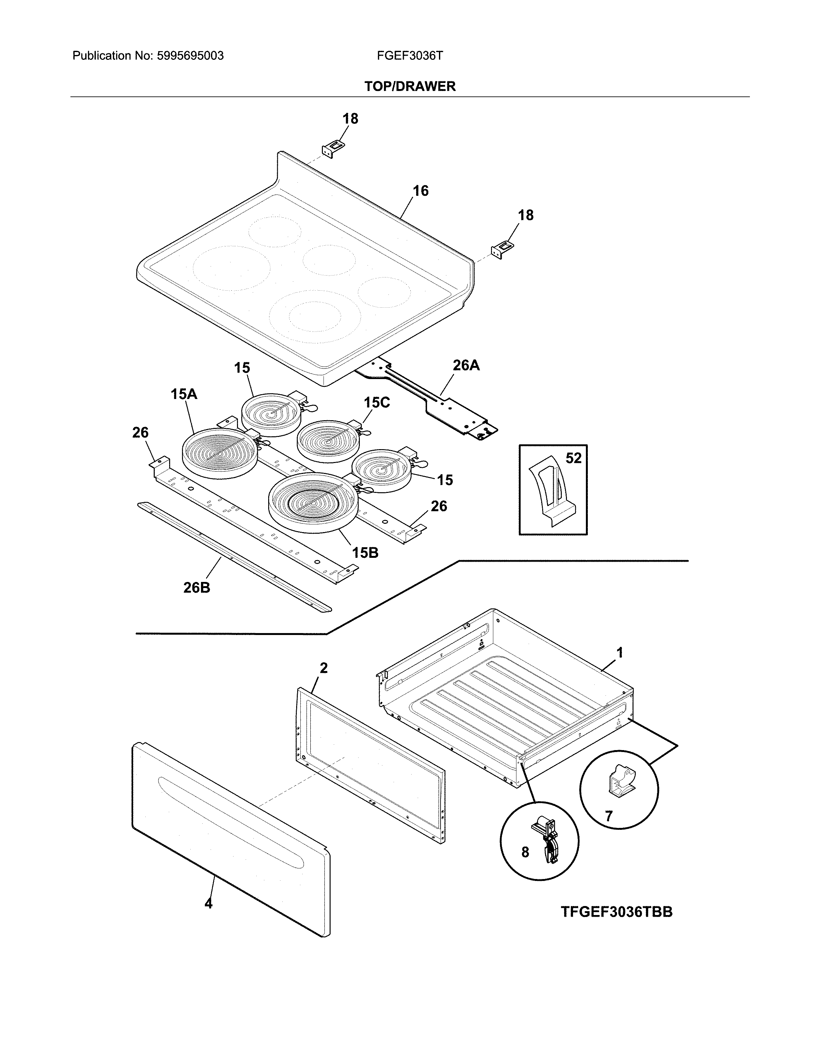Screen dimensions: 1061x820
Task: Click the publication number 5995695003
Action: click(x=190, y=56)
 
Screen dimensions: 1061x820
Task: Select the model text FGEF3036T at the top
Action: click(x=409, y=56)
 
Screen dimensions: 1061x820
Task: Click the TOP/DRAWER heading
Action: click(x=409, y=86)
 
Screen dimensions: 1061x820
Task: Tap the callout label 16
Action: click(x=420, y=191)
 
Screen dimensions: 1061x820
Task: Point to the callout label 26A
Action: click(x=466, y=365)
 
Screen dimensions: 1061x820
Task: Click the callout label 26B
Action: click(x=197, y=588)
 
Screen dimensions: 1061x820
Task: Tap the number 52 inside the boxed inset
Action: click(x=573, y=458)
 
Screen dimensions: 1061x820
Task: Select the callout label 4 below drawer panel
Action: click(x=208, y=903)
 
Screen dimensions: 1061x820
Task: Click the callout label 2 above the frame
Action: click(x=323, y=668)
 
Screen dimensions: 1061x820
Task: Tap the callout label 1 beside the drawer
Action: click(x=619, y=652)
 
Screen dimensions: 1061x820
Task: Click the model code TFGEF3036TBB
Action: click(x=616, y=912)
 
